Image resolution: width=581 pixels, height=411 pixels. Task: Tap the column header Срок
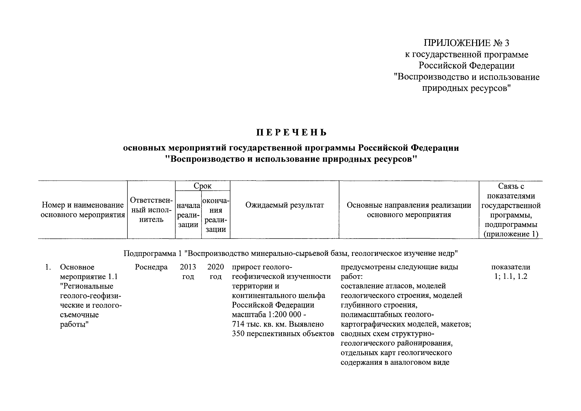tap(202, 186)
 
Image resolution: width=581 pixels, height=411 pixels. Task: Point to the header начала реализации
tap(188, 215)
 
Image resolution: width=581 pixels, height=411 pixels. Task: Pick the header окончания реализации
tap(216, 215)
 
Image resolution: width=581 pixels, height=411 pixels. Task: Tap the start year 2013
tap(188, 267)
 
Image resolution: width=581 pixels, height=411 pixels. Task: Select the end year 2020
tap(216, 267)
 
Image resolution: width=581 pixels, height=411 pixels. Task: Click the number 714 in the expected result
tap(238, 324)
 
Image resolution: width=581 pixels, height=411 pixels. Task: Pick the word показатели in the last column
tap(511, 267)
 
